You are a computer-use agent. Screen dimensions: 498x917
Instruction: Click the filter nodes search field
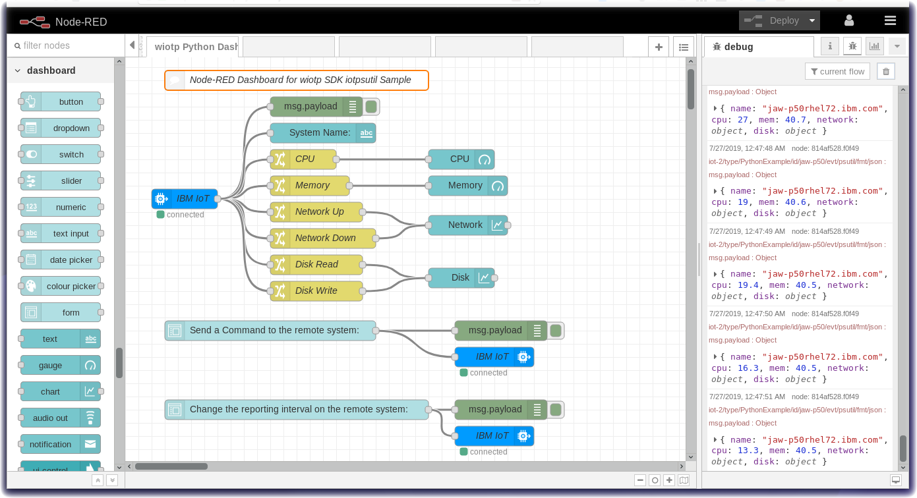pos(66,45)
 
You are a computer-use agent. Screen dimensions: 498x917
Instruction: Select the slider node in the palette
pos(61,180)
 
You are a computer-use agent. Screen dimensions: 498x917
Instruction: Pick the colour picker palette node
pos(61,286)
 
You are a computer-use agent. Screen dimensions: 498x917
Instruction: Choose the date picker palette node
pos(61,260)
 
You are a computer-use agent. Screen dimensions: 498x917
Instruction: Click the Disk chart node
pos(461,277)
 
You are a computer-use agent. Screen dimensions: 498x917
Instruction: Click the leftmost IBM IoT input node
pos(185,198)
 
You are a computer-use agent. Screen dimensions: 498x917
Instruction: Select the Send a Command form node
pos(270,330)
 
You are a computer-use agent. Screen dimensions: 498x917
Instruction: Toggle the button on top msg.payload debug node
pos(372,106)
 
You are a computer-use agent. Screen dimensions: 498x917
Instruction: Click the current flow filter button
pos(837,71)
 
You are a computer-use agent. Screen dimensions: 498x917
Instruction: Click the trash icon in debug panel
pos(886,71)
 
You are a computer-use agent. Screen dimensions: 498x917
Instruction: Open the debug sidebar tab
pos(758,47)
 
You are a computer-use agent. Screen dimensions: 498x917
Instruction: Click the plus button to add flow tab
pos(658,47)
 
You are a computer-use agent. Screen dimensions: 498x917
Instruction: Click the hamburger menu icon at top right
pos(890,20)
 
